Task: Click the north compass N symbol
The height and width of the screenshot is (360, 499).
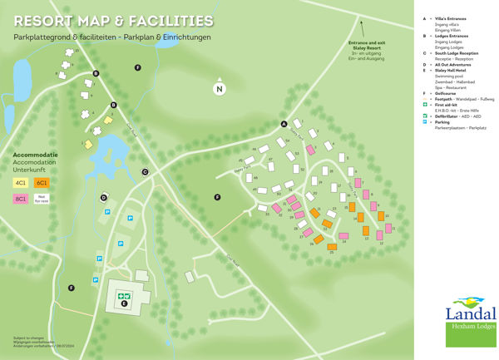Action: pos(220,89)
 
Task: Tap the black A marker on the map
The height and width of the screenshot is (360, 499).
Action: pos(284,124)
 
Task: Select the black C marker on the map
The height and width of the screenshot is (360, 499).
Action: pos(144,172)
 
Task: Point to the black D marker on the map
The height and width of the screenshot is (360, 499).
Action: pos(104,198)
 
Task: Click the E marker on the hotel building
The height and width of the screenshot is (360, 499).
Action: pos(124,304)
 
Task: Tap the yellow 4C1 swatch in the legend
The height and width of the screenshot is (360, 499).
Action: pos(21,181)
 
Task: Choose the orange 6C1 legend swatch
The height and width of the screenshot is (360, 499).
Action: pos(42,181)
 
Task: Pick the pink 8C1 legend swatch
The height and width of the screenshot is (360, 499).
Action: pos(21,199)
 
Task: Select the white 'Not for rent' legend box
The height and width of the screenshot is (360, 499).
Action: pos(42,199)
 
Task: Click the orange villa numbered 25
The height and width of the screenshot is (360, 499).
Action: pos(332,247)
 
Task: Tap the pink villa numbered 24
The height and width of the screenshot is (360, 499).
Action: pos(343,236)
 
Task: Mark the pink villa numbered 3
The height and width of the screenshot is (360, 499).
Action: pos(309,149)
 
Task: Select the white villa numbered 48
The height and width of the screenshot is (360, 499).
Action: pos(264,149)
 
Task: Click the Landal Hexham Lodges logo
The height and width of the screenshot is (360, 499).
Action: pos(470,316)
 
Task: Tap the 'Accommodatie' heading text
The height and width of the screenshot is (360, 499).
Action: pos(35,155)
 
